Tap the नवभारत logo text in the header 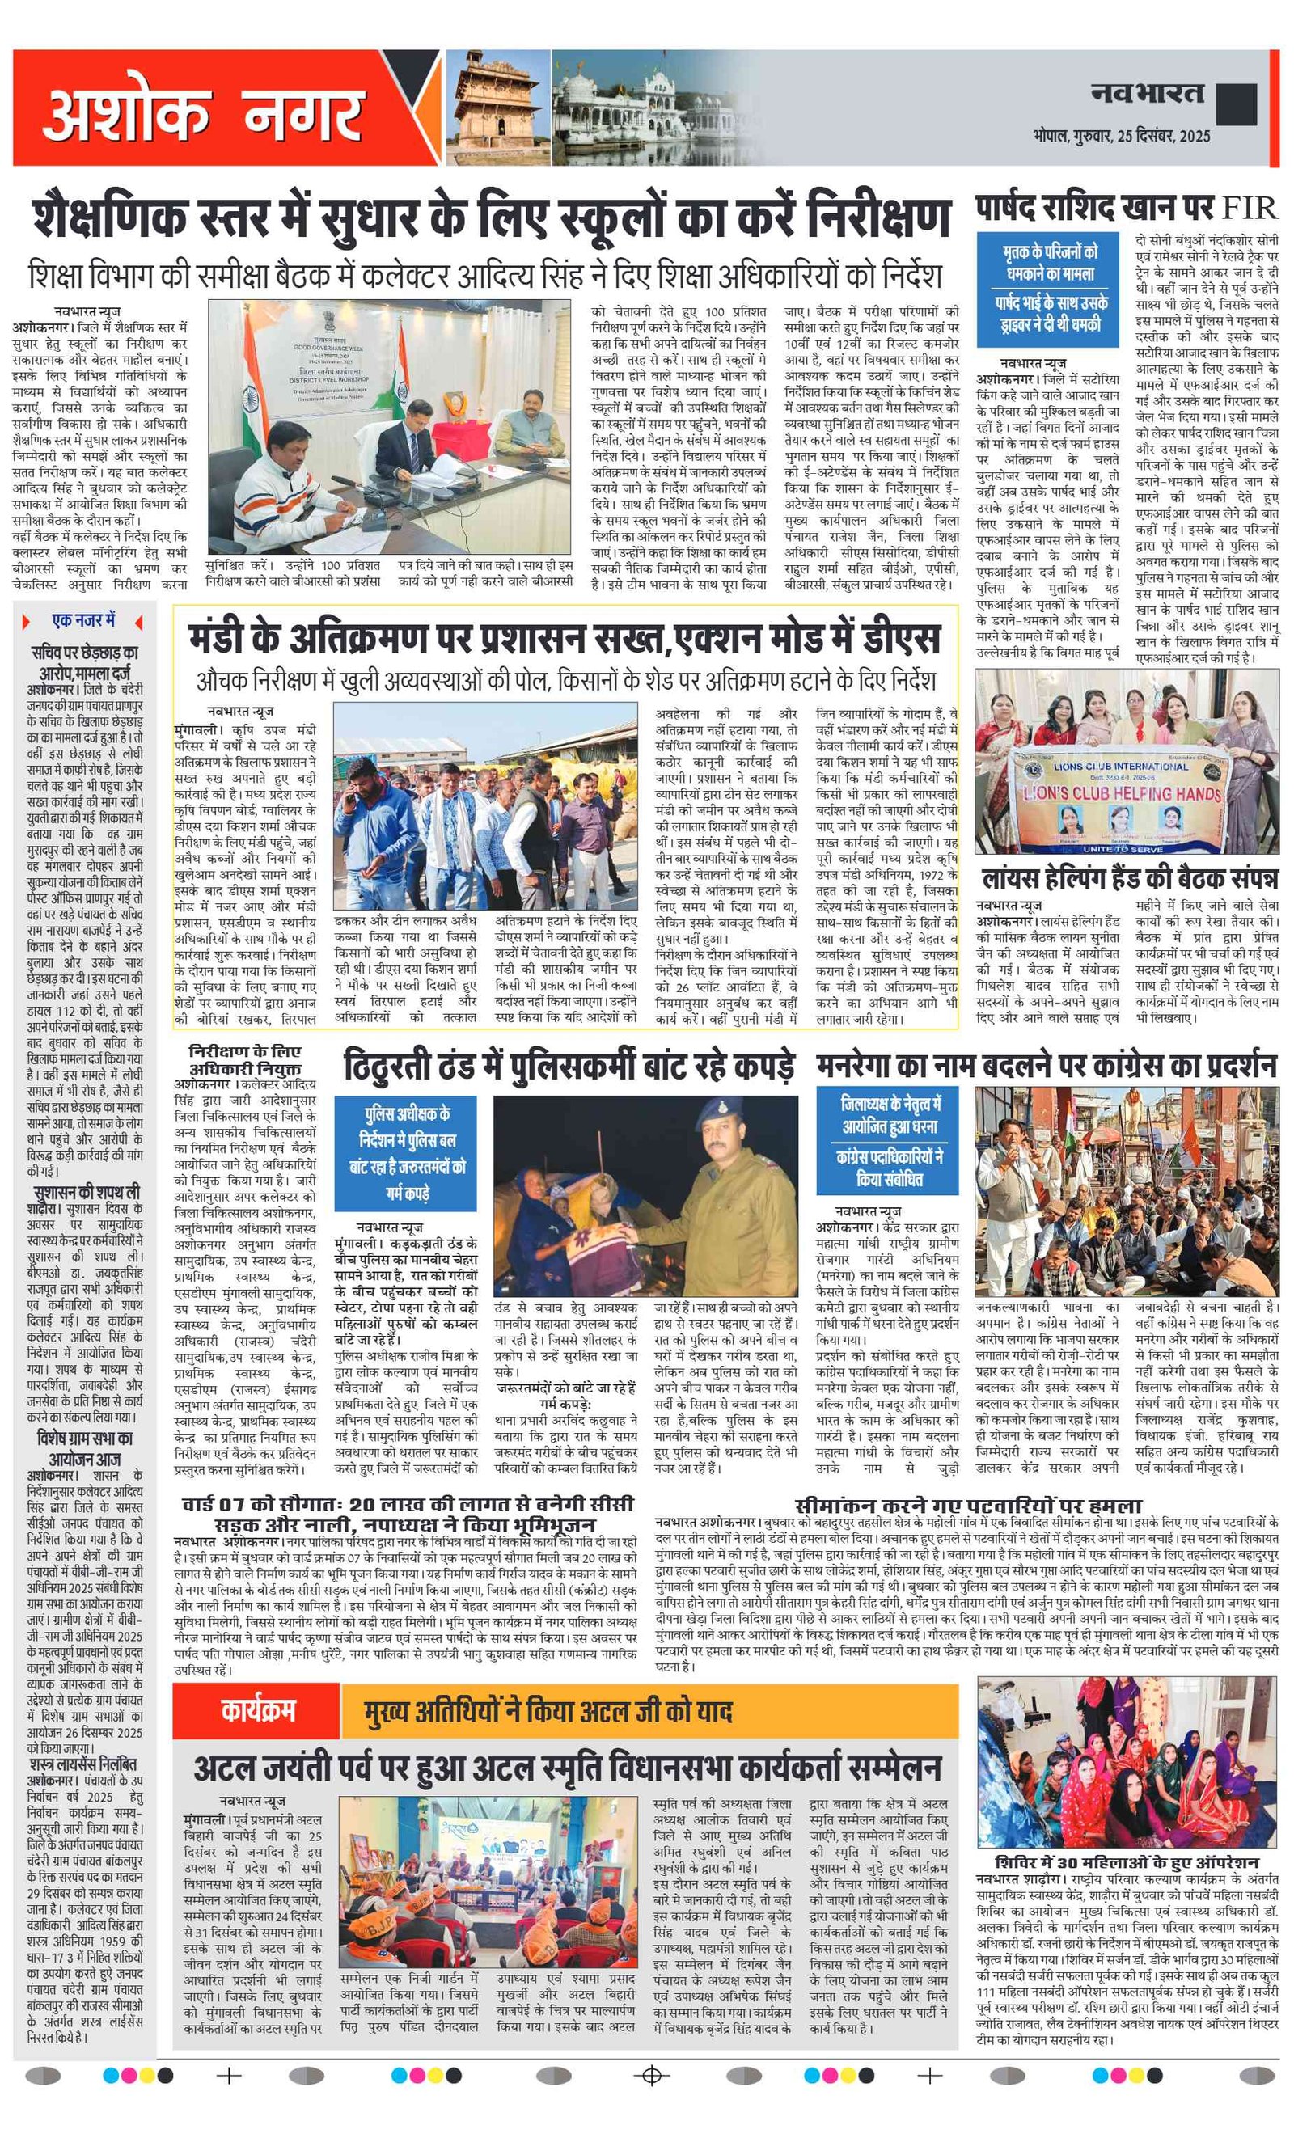(x=1147, y=94)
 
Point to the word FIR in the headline (x=1249, y=209)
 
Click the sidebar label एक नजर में (x=83, y=620)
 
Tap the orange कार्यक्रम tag (x=258, y=1709)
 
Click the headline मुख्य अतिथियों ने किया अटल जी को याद (x=548, y=1711)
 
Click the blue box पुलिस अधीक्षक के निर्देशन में (x=405, y=1152)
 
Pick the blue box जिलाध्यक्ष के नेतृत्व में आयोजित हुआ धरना (x=888, y=1140)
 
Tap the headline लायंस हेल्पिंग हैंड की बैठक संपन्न (x=1128, y=878)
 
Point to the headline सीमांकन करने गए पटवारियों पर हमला (x=968, y=1505)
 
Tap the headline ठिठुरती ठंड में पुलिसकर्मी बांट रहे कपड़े (x=569, y=1067)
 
